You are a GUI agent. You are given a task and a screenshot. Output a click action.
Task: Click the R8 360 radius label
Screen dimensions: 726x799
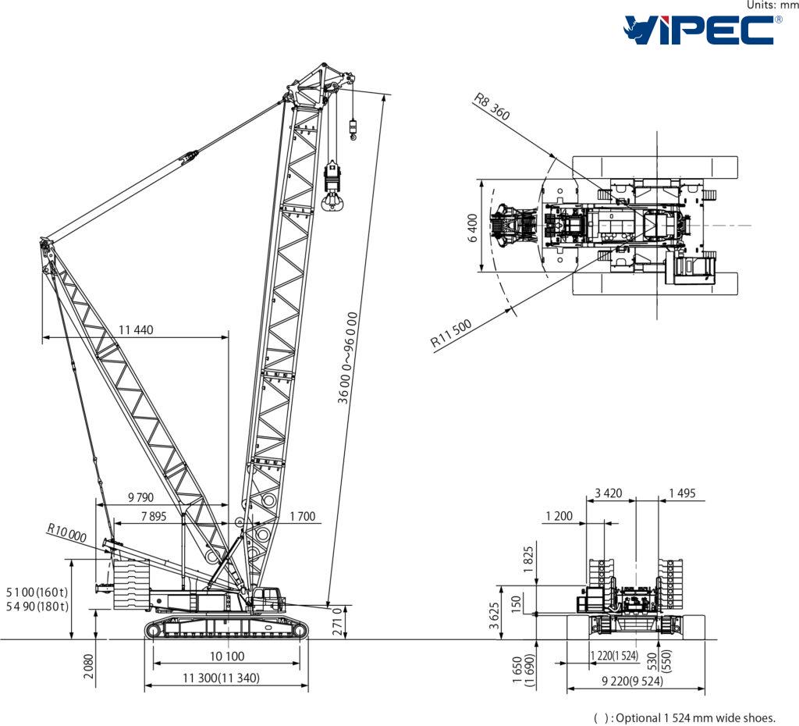(492, 107)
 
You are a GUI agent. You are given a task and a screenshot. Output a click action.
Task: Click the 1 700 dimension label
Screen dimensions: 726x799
(302, 516)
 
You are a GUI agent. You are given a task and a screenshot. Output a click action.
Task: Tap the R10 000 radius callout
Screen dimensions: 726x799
(67, 536)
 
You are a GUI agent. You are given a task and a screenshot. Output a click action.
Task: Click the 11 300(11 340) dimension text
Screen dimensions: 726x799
(222, 678)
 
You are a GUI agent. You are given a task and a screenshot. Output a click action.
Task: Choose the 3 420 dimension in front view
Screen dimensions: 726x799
(609, 493)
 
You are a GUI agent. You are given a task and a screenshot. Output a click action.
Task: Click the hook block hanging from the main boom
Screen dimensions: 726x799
(333, 186)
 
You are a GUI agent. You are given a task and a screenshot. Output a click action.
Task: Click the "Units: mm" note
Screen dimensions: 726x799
(772, 5)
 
